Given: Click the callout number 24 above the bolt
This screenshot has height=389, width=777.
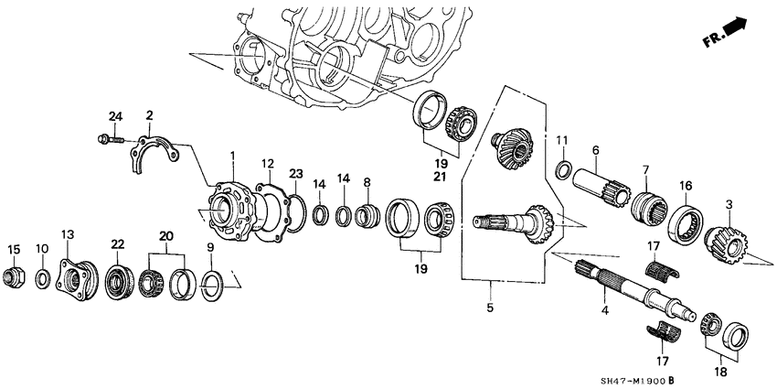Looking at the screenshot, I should point(115,115).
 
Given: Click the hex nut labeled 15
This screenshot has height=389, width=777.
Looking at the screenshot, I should point(14,274).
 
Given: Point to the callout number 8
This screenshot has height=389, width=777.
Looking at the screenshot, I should point(367,182).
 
